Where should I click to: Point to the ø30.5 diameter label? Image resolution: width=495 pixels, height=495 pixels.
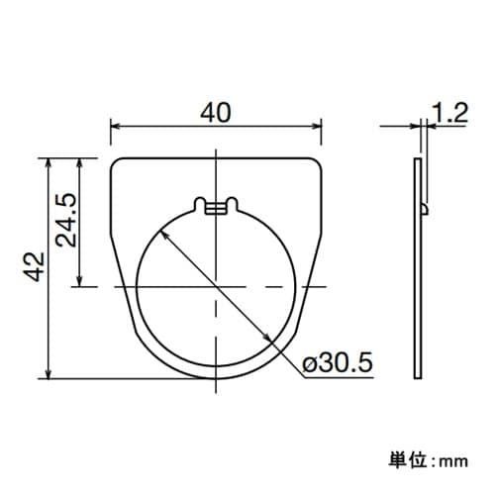pyautogui.click(x=337, y=364)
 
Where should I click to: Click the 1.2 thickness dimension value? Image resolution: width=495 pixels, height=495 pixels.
pyautogui.click(x=449, y=114)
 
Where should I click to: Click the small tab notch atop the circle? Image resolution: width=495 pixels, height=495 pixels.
pyautogui.click(x=216, y=206)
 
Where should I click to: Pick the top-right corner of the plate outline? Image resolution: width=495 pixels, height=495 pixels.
pyautogui.click(x=320, y=159)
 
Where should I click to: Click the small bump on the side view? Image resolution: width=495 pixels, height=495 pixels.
pyautogui.click(x=426, y=208)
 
